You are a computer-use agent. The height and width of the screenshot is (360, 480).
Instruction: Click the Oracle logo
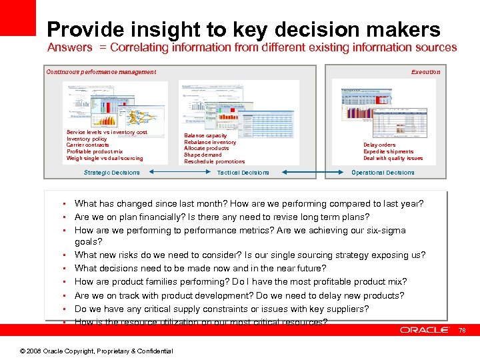click(425, 330)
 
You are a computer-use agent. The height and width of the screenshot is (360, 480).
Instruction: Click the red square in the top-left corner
click(17, 17)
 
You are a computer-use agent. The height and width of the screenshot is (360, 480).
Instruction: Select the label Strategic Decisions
click(112, 173)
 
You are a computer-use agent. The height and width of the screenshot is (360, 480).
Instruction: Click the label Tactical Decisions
click(243, 173)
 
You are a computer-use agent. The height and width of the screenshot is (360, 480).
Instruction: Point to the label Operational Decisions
click(383, 173)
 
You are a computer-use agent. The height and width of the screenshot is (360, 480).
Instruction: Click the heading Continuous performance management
click(101, 72)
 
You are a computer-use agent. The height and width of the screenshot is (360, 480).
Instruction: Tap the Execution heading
click(425, 72)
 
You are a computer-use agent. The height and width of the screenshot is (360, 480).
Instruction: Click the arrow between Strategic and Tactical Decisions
click(177, 173)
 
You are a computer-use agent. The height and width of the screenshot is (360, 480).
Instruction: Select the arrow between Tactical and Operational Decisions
click(310, 173)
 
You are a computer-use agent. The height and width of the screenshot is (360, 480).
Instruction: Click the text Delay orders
click(379, 145)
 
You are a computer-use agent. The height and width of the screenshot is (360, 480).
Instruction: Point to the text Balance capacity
click(205, 135)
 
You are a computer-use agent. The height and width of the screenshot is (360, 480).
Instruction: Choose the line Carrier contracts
click(88, 145)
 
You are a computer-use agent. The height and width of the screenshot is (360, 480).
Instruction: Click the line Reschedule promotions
click(215, 162)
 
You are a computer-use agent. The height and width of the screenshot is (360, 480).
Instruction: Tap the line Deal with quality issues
click(393, 158)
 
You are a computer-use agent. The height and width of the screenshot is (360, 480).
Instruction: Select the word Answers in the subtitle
click(69, 48)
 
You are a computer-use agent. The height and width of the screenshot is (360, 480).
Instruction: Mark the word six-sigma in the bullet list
click(385, 231)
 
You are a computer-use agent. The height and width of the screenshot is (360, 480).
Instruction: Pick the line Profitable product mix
click(95, 152)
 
